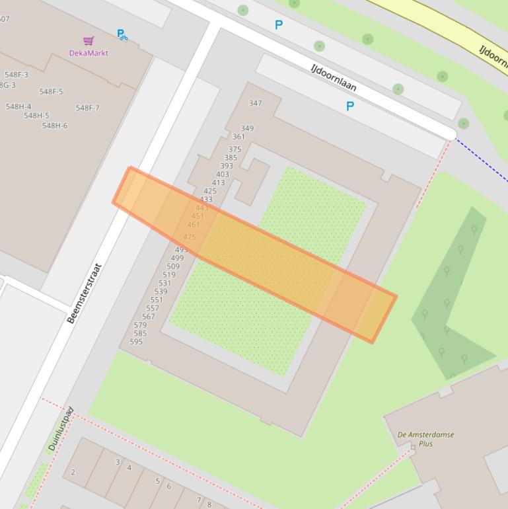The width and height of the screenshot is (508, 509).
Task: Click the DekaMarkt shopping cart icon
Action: click(x=89, y=41)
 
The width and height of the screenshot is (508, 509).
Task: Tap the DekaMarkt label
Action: click(x=89, y=53)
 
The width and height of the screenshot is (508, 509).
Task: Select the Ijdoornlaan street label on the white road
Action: click(x=334, y=77)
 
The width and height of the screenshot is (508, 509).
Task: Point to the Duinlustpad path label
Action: click(x=61, y=429)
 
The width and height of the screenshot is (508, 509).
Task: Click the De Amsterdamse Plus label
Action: click(x=425, y=439)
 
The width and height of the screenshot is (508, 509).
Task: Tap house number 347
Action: click(x=255, y=103)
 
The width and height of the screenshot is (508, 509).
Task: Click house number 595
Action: click(x=136, y=342)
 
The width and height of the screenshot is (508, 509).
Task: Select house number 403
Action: click(x=223, y=175)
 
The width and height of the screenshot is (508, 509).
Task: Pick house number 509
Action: click(x=173, y=266)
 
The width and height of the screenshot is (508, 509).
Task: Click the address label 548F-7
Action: click(x=87, y=108)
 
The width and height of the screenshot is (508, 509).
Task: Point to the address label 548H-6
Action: click(x=55, y=126)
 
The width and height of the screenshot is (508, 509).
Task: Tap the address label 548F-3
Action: click(x=17, y=75)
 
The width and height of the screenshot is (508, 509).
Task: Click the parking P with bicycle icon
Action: click(x=122, y=34)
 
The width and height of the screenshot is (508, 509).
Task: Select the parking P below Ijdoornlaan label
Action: click(x=350, y=106)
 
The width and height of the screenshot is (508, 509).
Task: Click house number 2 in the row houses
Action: click(x=73, y=472)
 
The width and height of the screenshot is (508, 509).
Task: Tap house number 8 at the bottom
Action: click(x=209, y=504)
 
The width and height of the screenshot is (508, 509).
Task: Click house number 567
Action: click(x=148, y=317)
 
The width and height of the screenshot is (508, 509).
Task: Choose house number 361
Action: click(x=238, y=137)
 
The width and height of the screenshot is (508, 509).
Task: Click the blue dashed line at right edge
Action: click(x=482, y=159)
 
